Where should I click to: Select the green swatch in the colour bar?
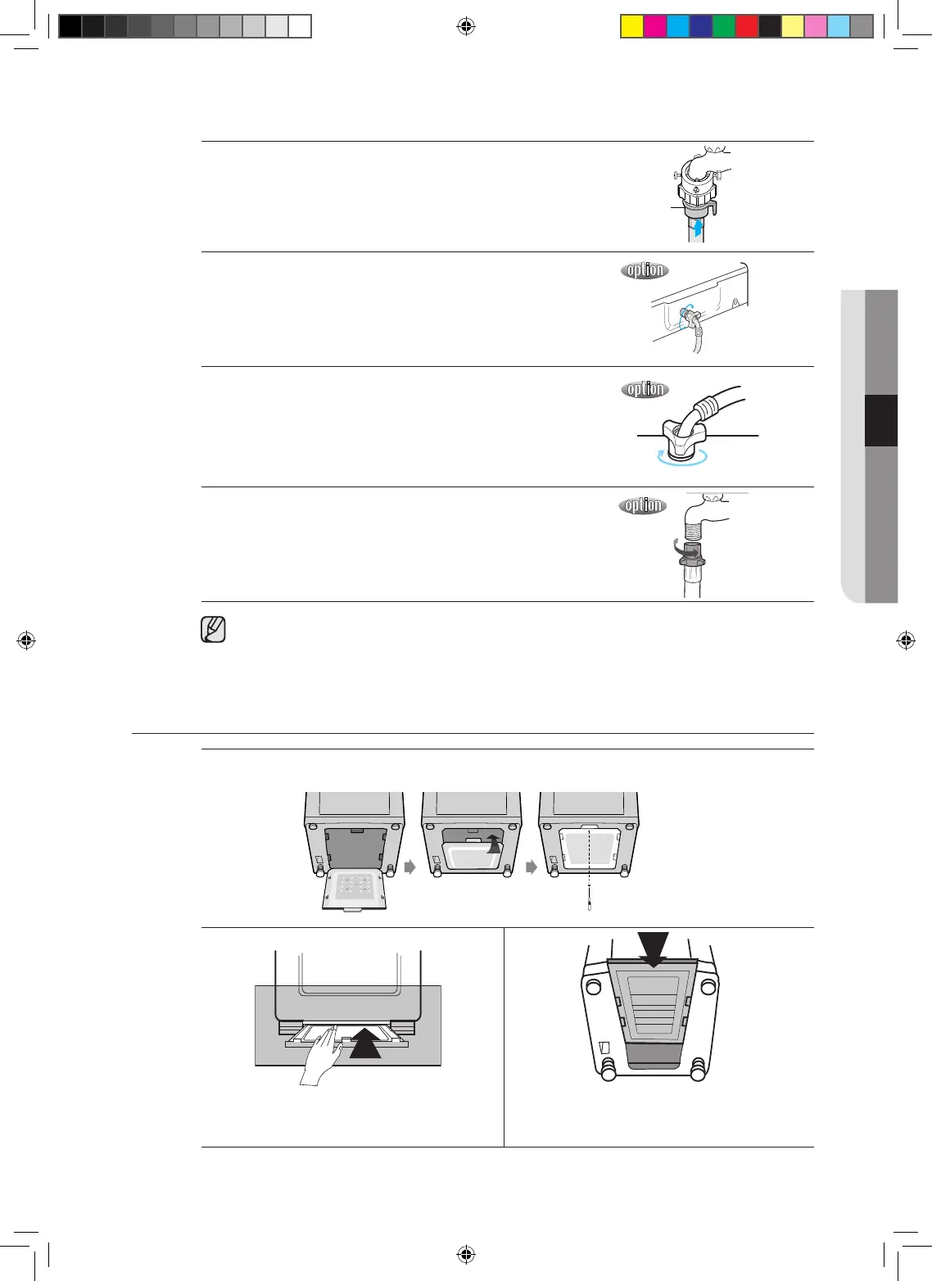tap(724, 27)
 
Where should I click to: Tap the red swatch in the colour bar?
tap(747, 27)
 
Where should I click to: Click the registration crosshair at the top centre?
tap(465, 27)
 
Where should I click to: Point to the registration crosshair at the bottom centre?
tap(465, 1254)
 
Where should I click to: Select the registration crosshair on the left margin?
tap(26, 640)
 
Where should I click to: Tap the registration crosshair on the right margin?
tap(906, 640)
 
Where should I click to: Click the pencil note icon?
tap(213, 630)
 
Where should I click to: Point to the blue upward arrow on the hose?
tap(697, 226)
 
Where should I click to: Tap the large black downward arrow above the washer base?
tap(653, 948)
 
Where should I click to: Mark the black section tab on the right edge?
tap(881, 420)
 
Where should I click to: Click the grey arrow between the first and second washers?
tap(411, 867)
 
